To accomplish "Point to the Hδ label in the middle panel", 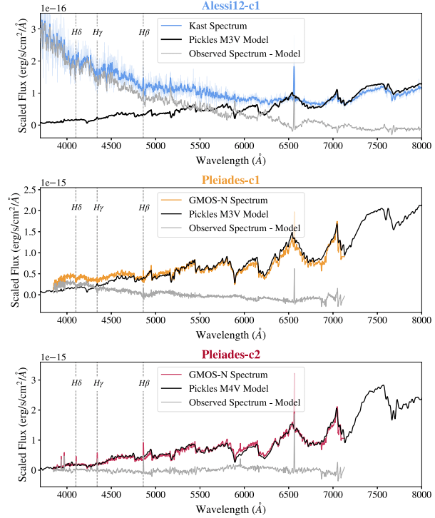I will tap(78, 208).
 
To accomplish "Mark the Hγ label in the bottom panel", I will tap(98, 383).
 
